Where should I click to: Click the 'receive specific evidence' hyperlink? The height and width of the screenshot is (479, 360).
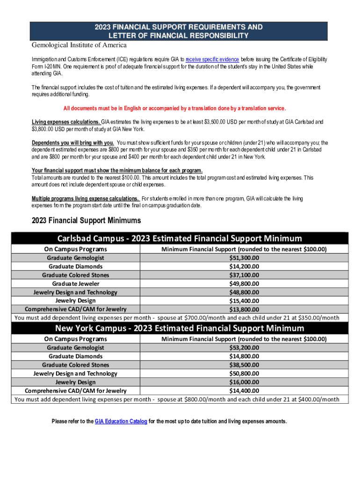[212, 59]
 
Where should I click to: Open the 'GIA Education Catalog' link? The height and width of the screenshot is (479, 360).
[121, 421]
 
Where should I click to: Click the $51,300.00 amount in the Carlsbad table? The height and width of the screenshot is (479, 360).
[244, 258]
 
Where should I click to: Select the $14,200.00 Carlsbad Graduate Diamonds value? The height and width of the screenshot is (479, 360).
[244, 267]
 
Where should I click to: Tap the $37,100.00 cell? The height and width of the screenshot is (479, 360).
[244, 275]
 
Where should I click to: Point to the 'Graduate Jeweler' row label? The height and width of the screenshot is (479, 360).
[76, 283]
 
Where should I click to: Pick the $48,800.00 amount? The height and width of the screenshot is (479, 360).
[244, 292]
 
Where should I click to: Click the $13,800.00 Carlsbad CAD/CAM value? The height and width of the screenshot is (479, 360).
[244, 309]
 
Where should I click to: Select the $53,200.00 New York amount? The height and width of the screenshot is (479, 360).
[244, 348]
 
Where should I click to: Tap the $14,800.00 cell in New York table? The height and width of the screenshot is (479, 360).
[244, 356]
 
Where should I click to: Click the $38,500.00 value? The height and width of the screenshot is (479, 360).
[244, 365]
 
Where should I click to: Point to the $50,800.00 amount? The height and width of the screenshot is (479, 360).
[244, 373]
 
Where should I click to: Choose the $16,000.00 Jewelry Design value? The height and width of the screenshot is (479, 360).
[244, 382]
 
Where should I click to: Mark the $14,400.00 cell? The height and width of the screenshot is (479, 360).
[244, 391]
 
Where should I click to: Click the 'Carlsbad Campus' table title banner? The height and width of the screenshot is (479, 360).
[180, 239]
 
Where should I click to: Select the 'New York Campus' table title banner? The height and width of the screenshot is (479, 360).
[180, 328]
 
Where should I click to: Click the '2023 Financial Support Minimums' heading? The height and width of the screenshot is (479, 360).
[86, 220]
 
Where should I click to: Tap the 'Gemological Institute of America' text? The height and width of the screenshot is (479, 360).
[79, 45]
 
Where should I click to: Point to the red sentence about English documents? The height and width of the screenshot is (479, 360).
[174, 109]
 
